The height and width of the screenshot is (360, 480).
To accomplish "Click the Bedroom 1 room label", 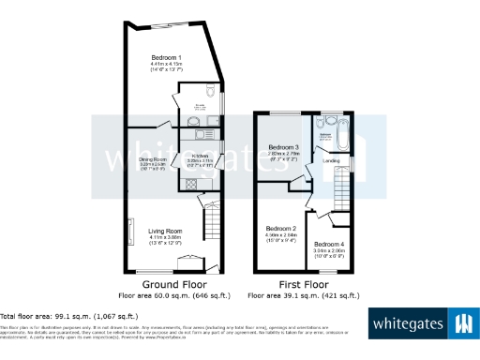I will (x=167, y=58).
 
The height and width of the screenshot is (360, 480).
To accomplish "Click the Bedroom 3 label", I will (x=283, y=148).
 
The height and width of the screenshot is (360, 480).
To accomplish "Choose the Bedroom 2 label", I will (x=280, y=229).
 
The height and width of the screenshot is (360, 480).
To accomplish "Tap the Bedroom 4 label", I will (x=329, y=245).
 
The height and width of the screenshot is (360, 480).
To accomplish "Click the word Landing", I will (x=331, y=161).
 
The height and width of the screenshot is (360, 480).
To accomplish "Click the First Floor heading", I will (x=303, y=283).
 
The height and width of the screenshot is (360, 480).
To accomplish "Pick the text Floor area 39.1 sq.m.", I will (x=303, y=295).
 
